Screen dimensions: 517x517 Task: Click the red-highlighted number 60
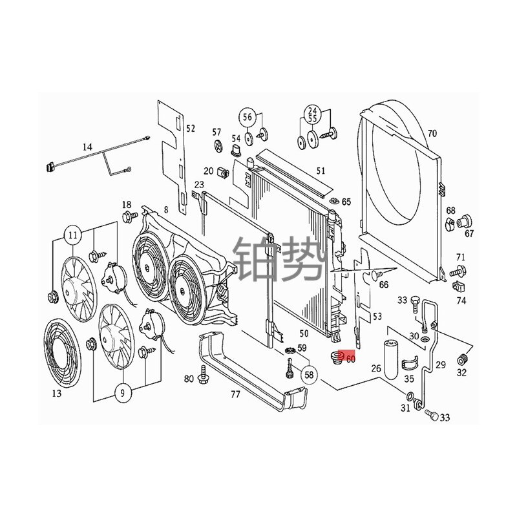tap(351, 359)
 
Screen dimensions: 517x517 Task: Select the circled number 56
tap(248, 117)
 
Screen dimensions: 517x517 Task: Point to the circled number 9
tap(120, 392)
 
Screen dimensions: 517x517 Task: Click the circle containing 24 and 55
tap(313, 115)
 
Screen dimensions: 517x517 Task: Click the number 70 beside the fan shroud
tap(432, 134)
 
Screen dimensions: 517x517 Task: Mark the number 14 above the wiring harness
tap(87, 147)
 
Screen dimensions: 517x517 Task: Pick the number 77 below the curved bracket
tap(235, 393)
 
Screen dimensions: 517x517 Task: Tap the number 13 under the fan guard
tap(56, 393)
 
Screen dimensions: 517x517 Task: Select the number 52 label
tap(190, 129)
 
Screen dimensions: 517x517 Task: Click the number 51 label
tap(321, 171)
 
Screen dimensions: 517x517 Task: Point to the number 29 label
tap(441, 365)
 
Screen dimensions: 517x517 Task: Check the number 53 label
tap(377, 316)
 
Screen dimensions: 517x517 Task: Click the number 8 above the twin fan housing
tap(165, 210)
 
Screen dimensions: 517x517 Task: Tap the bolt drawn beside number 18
tap(128, 216)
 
